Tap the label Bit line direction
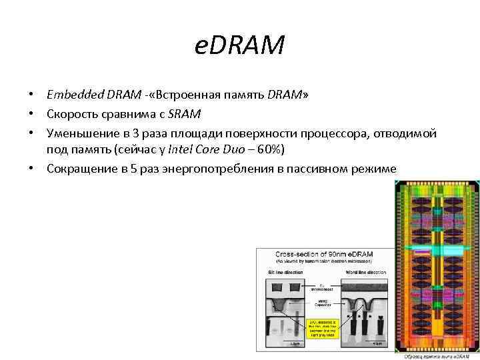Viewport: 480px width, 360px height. point(285,273)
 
